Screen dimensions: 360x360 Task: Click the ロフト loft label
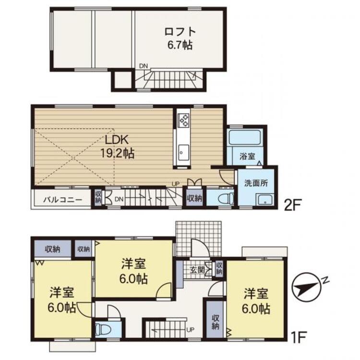[180, 32]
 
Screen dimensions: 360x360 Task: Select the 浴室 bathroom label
[248, 156]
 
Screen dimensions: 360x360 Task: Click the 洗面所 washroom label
[255, 183]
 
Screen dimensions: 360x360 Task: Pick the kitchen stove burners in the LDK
[184, 119]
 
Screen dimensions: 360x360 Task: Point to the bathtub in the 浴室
[245, 137]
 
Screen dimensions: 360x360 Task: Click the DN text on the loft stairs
[144, 66]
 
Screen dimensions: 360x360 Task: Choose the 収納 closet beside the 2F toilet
[194, 198]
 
